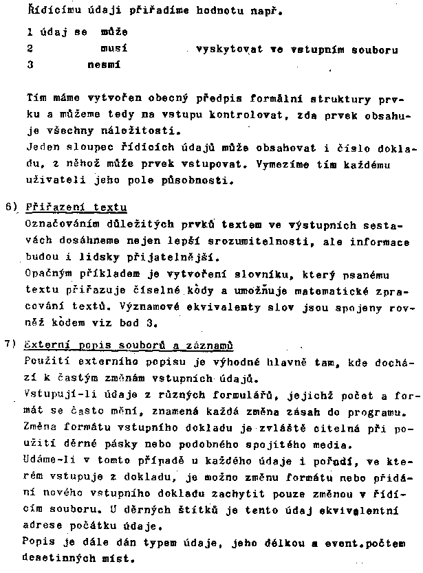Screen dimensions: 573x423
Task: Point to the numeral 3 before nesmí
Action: (x=30, y=65)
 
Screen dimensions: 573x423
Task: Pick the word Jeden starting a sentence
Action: (x=42, y=148)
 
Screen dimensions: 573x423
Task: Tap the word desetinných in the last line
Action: (x=59, y=561)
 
